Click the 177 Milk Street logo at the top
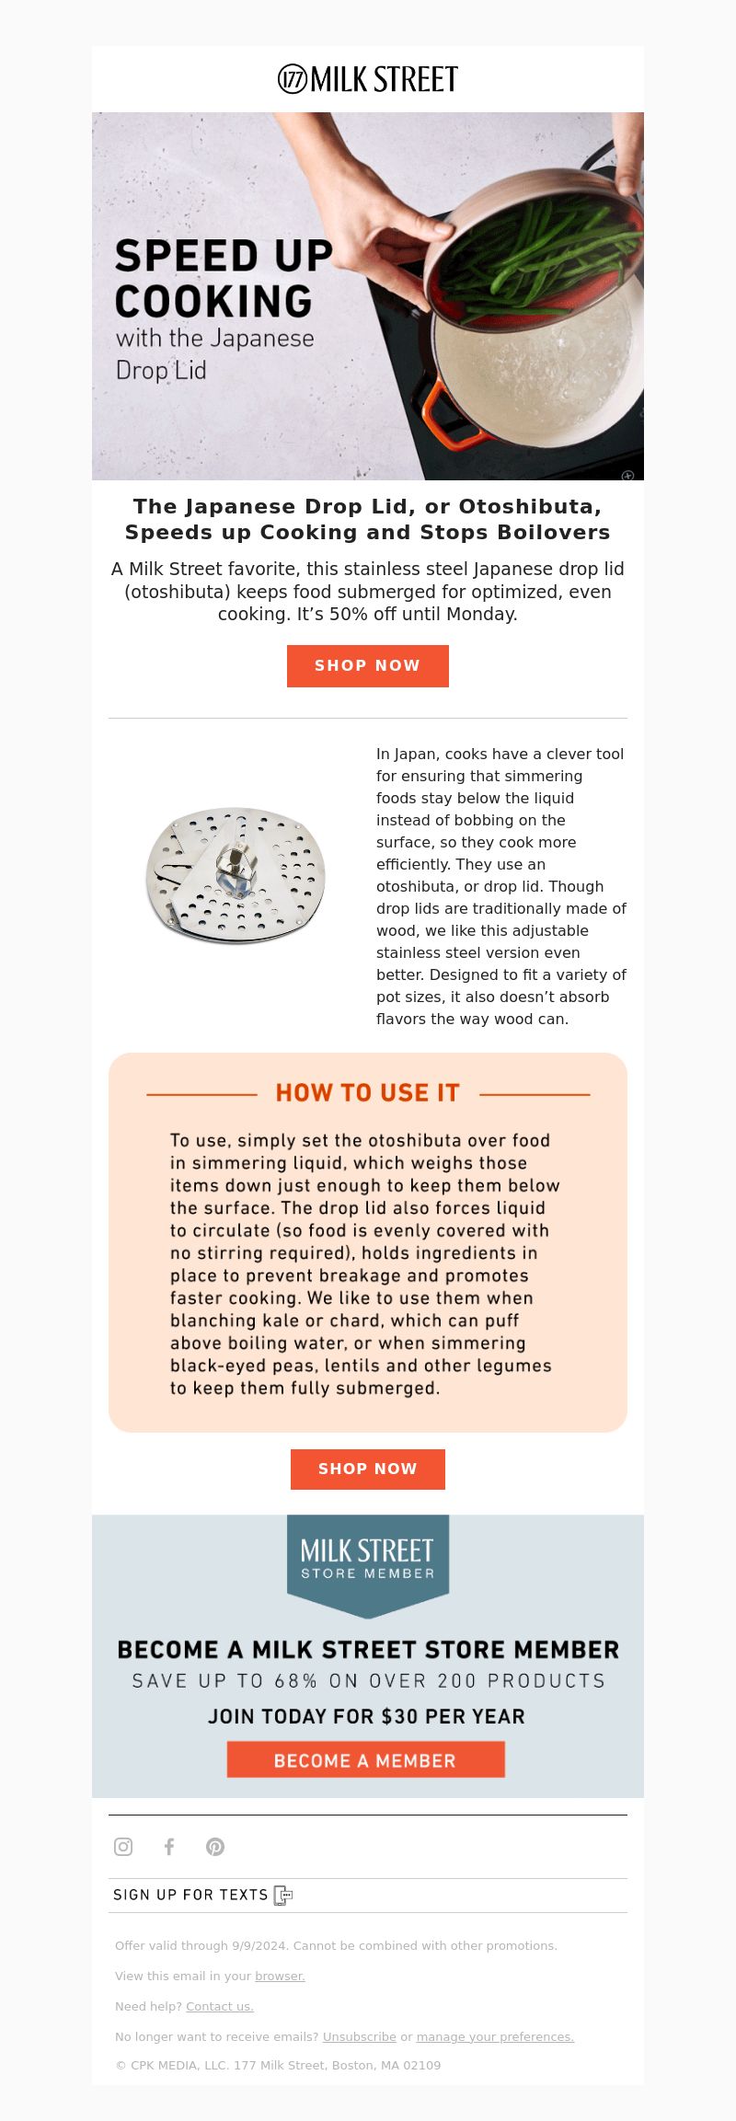click(x=368, y=80)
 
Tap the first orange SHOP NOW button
click(x=368, y=665)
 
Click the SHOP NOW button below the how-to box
click(x=368, y=1469)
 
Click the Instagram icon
click(x=123, y=1846)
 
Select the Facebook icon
click(x=169, y=1846)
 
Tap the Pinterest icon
click(x=215, y=1846)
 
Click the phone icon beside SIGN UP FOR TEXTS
click(x=283, y=1895)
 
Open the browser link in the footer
click(x=280, y=1976)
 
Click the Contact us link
click(x=219, y=2006)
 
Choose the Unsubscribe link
click(x=359, y=2036)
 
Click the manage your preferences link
click(x=495, y=2036)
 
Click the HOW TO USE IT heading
click(x=368, y=1092)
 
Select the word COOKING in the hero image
click(x=213, y=301)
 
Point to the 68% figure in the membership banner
click(x=295, y=1681)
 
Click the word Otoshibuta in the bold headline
click(x=529, y=506)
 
